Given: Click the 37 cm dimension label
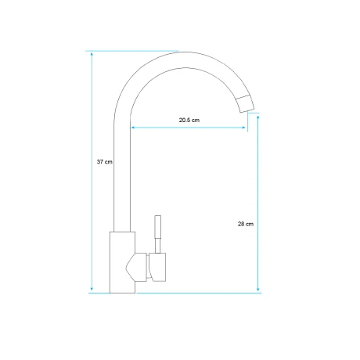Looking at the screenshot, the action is click(x=105, y=162).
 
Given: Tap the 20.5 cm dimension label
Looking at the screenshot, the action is click(x=189, y=120).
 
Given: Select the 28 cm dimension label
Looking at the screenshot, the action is click(x=246, y=224).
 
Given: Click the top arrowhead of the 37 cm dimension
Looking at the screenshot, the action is click(x=92, y=54).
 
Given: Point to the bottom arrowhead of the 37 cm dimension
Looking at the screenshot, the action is click(x=92, y=289).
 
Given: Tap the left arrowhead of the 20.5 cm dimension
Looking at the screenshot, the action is click(x=133, y=128).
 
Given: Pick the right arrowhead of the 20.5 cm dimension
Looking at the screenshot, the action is click(x=243, y=128).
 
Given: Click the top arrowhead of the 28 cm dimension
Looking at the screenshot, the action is click(x=258, y=117).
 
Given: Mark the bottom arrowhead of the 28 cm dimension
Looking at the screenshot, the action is click(x=258, y=289).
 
